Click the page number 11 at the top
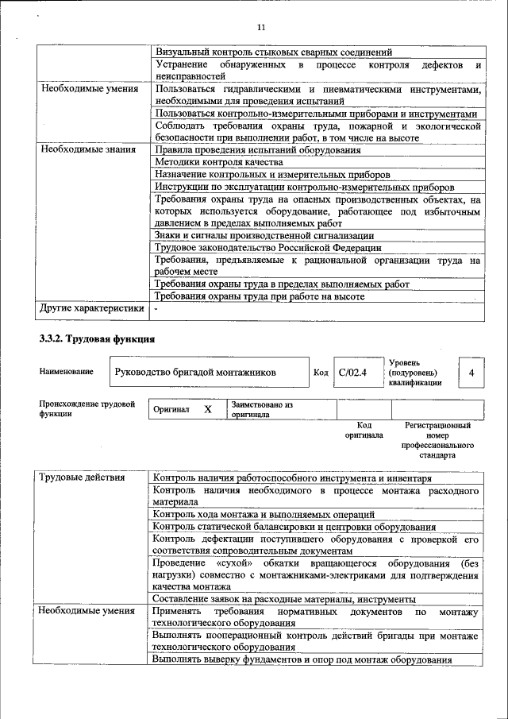(x=260, y=29)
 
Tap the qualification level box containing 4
(x=471, y=372)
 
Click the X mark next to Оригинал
(x=208, y=409)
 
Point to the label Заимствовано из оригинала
(x=262, y=409)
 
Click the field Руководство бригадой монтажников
(x=195, y=372)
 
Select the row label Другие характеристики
(x=92, y=308)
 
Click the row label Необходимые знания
(x=88, y=149)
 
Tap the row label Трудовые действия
(x=83, y=477)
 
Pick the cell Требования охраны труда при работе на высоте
(x=260, y=296)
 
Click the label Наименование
(x=66, y=372)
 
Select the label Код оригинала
(x=364, y=431)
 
